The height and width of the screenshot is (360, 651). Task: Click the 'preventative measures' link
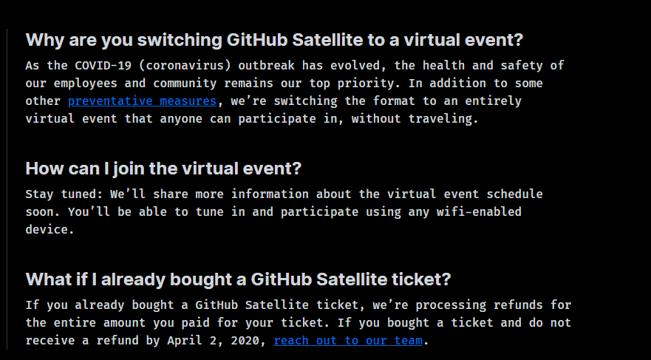point(143,101)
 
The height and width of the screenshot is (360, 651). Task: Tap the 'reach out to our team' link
point(348,341)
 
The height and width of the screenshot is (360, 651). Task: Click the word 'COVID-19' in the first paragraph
point(103,66)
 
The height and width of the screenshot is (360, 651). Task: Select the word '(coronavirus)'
point(185,66)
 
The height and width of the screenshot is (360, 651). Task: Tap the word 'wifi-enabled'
point(479,211)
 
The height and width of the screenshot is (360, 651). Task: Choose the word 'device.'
point(50,230)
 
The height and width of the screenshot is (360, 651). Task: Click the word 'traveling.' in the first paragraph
point(443,119)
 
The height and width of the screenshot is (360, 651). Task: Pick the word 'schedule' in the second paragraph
point(514,194)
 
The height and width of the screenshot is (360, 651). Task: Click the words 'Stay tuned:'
point(64,194)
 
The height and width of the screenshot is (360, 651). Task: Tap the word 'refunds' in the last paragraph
point(518,305)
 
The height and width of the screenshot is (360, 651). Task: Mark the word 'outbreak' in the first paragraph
point(266,66)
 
